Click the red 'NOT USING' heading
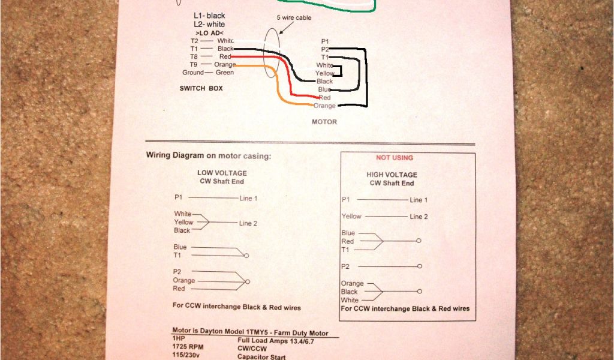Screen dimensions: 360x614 tap(394, 158)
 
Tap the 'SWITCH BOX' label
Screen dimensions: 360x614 tap(202, 88)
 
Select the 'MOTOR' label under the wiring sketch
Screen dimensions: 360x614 tap(324, 122)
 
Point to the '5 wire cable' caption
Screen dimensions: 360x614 tap(294, 18)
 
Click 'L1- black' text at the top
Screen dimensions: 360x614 tap(209, 15)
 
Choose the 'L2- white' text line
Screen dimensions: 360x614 tap(209, 24)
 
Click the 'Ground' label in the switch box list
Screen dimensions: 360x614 tap(193, 73)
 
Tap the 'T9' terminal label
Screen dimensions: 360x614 tap(194, 64)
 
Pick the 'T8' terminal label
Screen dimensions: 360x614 tap(194, 56)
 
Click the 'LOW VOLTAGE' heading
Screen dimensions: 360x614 tap(222, 173)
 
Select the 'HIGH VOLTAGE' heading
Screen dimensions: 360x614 tap(392, 175)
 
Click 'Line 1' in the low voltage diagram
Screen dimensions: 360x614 tap(248, 198)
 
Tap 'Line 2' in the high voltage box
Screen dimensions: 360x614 tap(419, 217)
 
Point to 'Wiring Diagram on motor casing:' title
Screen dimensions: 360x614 tap(209, 155)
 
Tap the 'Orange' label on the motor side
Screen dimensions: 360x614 tap(324, 106)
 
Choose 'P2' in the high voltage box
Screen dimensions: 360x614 tap(345, 266)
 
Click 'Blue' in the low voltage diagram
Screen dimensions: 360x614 tap(180, 247)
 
